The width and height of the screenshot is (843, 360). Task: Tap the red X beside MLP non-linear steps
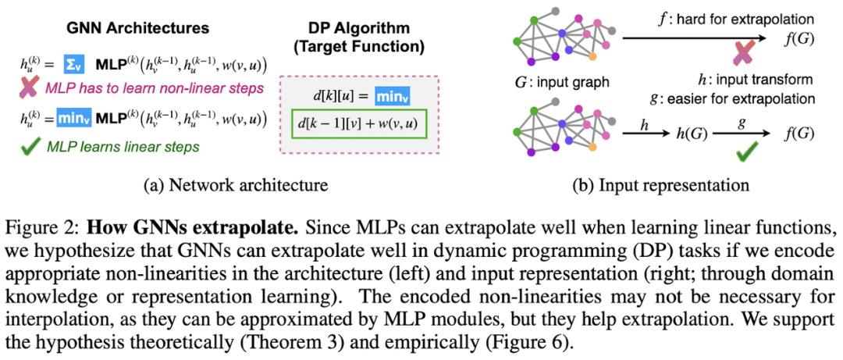[28, 85]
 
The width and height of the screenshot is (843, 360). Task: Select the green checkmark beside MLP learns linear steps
[28, 146]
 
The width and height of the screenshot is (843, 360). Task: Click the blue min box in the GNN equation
[75, 119]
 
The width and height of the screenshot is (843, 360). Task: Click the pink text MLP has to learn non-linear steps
[155, 86]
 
